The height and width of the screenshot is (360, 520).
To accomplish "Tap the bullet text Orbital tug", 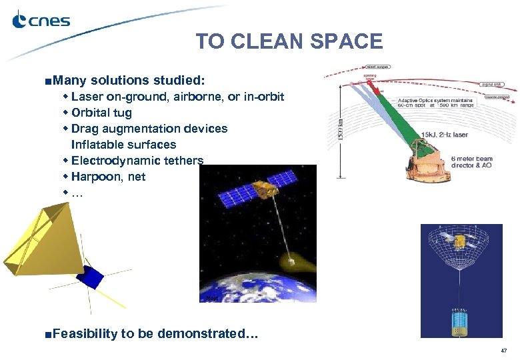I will (x=101, y=113).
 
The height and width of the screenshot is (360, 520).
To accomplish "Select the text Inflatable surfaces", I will (x=123, y=145).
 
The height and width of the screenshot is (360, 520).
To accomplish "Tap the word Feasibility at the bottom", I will (x=85, y=333).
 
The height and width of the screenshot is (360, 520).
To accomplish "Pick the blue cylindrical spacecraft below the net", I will (x=458, y=321).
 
